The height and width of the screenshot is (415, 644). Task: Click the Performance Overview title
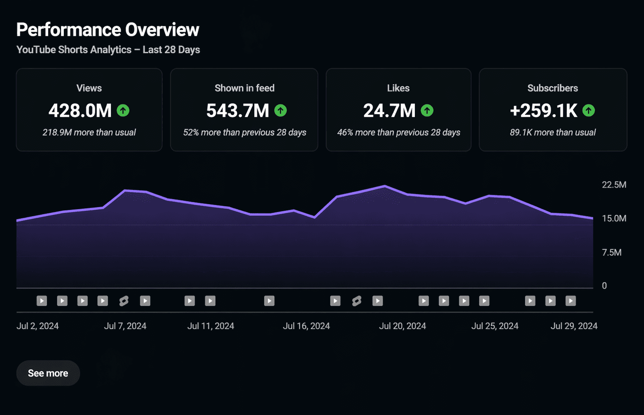tap(108, 30)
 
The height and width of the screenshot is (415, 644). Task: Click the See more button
tap(48, 373)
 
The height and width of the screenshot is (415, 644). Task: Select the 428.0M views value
tap(80, 111)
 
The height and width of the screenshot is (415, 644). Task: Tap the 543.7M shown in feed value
tap(238, 111)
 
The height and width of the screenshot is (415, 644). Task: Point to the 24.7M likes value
tap(389, 111)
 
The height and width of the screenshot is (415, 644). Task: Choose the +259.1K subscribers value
tap(543, 111)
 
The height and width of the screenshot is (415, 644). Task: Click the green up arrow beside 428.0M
tap(123, 111)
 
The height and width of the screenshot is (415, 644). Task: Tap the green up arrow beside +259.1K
tap(589, 111)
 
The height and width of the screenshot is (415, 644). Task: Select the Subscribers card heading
tap(553, 88)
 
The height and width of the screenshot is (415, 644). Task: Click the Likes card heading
tap(398, 88)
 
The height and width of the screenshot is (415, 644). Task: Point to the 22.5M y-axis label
tap(614, 185)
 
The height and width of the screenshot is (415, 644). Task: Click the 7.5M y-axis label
tap(611, 252)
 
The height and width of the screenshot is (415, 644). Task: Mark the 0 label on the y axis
tap(604, 286)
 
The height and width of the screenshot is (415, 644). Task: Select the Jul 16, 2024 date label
tap(306, 326)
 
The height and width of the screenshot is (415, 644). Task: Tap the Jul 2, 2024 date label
tap(37, 326)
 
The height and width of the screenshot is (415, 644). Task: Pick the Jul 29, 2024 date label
tap(574, 326)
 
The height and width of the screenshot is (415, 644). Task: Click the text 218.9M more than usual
tap(89, 132)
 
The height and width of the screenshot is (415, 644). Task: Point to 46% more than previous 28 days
tap(398, 132)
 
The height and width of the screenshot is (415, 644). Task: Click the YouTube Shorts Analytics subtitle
tap(108, 50)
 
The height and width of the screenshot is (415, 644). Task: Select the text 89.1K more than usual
tap(553, 132)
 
